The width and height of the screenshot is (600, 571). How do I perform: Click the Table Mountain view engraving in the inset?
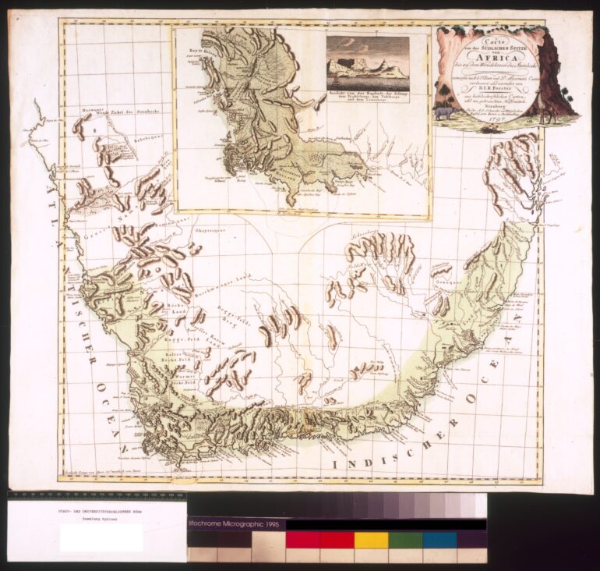[367, 59]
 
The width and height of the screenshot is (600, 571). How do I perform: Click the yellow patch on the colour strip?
[371, 540]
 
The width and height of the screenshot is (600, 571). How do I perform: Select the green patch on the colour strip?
[405, 540]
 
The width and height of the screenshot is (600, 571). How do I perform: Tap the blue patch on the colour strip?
[439, 540]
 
